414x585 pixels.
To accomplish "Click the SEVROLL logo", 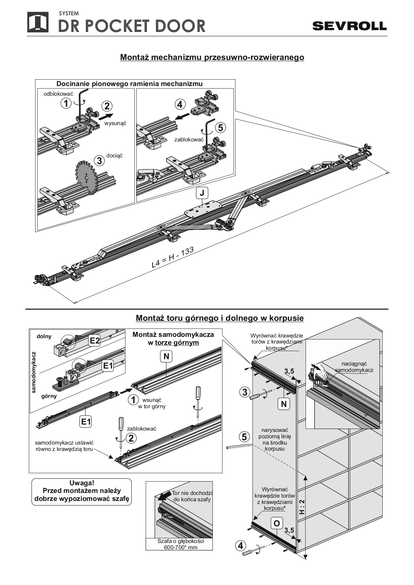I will click(x=349, y=26).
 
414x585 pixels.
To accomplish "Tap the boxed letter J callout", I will click(x=202, y=193).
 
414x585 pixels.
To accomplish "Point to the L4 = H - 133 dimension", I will click(x=172, y=257).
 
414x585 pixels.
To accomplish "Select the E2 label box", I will click(x=95, y=341).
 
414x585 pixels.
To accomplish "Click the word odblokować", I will click(x=58, y=94).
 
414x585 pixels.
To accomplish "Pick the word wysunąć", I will click(x=115, y=123).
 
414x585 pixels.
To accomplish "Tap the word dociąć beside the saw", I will click(x=114, y=156).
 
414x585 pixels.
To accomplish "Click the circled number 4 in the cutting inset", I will click(x=180, y=104).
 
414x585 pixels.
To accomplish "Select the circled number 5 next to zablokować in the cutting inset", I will click(x=221, y=127).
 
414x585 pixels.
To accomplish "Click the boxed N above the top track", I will click(x=166, y=357).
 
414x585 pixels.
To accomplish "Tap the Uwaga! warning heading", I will click(x=82, y=483).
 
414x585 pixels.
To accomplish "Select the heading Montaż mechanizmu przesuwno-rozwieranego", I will click(x=212, y=57).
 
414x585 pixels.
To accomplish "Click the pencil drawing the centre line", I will click(x=238, y=446).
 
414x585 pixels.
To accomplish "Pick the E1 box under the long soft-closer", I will click(x=86, y=422).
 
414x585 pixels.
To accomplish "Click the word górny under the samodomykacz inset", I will click(x=49, y=396).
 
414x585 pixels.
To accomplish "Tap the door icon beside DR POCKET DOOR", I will click(x=38, y=22).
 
